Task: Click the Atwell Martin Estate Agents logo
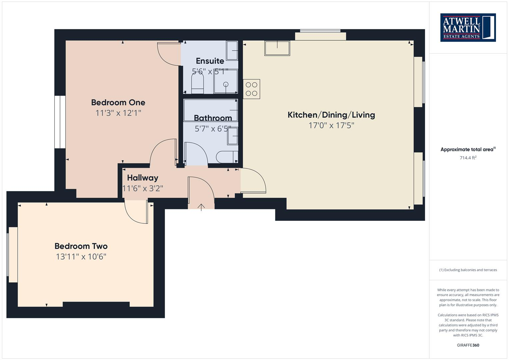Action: tap(468, 27)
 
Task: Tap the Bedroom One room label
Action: tap(118, 102)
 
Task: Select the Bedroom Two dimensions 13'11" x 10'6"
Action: tap(81, 257)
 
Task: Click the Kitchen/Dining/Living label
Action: tap(331, 115)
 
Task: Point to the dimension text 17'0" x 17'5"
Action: tap(331, 126)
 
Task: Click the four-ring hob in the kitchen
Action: tap(251, 89)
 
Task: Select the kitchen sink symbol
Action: tap(277, 48)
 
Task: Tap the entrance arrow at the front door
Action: tap(201, 207)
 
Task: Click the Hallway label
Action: tap(142, 178)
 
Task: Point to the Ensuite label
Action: tap(210, 61)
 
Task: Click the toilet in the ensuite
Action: tap(197, 83)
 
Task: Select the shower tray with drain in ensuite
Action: tap(226, 81)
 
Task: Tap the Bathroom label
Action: tap(213, 118)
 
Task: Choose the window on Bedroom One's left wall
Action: tap(60, 122)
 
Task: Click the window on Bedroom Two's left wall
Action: tap(12, 255)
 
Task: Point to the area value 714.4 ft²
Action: tap(468, 158)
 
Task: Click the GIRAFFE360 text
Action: tap(468, 345)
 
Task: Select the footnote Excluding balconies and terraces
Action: tap(468, 270)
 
